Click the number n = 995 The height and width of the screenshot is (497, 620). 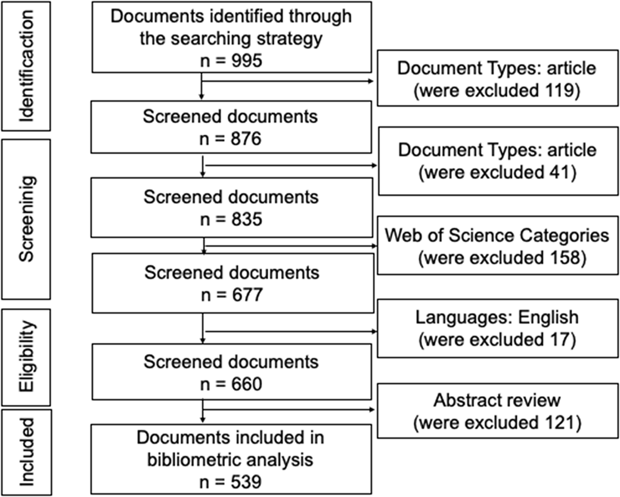point(231,61)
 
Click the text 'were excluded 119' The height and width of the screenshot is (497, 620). point(497,91)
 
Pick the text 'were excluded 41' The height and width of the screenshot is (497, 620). point(497,172)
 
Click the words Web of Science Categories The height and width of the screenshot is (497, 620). point(497,235)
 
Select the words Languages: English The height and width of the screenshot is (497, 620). point(497,317)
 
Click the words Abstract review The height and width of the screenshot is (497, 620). point(497,400)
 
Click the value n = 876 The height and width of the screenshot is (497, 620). point(231,139)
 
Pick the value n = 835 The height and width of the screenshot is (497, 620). point(231,219)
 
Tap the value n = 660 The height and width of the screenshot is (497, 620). point(231,384)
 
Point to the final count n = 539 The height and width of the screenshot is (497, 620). point(231,482)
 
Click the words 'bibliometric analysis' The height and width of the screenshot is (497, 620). point(231,460)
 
